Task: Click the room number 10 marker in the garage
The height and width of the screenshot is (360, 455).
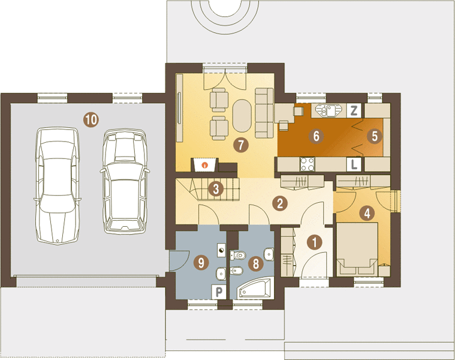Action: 91,119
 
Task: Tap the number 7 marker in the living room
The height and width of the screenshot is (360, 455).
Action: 241,145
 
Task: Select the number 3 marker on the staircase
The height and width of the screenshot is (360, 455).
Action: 216,189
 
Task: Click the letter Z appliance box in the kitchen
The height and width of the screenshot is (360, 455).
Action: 354,110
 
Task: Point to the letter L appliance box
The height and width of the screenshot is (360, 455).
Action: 354,164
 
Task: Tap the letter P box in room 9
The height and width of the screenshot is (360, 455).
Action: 219,292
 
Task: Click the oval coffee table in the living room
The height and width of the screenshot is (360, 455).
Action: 242,116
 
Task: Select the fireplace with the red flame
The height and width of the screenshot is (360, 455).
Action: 204,165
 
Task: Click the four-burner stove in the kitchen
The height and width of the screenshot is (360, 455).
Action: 308,164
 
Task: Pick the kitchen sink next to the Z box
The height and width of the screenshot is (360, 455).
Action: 329,110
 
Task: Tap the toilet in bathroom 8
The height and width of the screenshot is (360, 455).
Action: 238,256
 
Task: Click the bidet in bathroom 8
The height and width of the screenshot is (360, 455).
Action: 237,271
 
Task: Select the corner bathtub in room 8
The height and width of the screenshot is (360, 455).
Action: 255,288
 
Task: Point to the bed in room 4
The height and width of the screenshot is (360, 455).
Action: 357,249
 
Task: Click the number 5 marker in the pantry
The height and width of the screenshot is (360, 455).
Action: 374,136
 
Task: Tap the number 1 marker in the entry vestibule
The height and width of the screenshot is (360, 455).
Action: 315,242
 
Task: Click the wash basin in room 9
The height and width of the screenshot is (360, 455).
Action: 221,274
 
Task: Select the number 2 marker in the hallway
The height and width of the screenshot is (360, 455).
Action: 280,203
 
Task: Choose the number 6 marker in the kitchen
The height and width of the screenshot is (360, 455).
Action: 317,136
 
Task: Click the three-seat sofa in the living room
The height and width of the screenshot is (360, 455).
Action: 264,113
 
